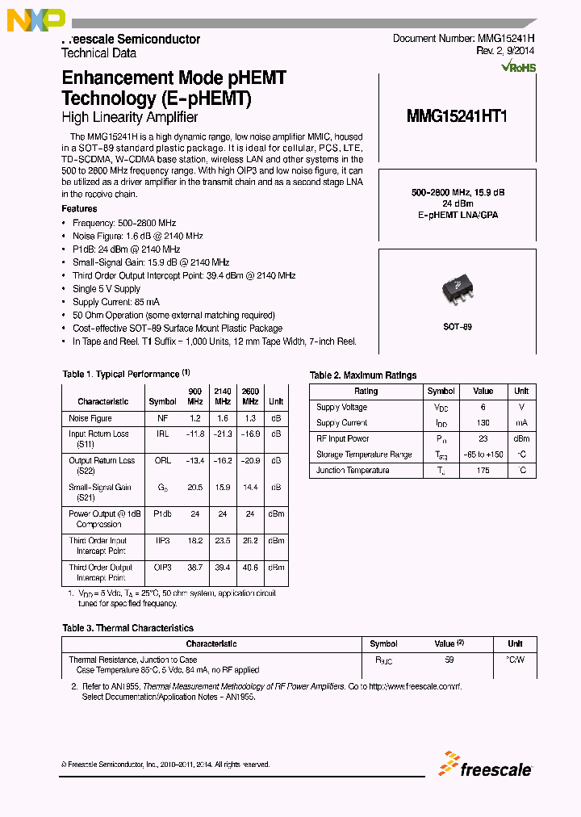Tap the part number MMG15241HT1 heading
click(457, 116)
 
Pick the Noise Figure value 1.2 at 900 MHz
click(194, 419)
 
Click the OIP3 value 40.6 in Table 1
click(250, 568)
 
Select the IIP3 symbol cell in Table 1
click(162, 541)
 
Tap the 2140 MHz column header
click(223, 396)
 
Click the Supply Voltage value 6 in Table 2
click(483, 408)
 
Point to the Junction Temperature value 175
click(483, 471)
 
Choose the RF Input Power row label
click(342, 439)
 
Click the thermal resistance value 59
click(449, 660)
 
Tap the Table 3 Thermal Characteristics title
click(127, 628)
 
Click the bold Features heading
click(79, 209)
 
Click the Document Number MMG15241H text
click(463, 39)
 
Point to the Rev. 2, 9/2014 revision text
click(505, 52)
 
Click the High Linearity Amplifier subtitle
click(130, 118)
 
